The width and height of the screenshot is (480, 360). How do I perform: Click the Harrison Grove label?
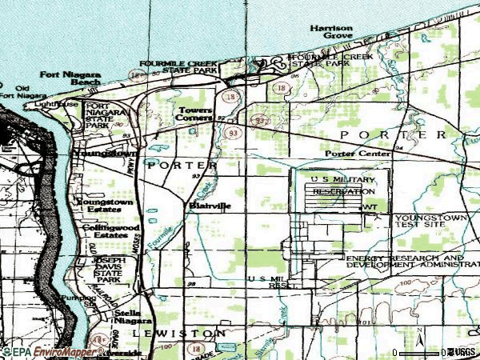point(332,32)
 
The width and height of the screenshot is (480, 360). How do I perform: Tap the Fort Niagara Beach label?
point(72,78)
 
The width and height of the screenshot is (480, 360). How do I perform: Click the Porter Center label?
point(358,153)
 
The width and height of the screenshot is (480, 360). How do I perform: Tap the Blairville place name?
point(210,206)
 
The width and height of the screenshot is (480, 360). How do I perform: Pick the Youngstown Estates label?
point(105,206)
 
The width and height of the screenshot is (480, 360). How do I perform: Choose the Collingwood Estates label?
point(105,231)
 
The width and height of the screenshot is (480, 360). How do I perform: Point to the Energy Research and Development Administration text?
point(404,262)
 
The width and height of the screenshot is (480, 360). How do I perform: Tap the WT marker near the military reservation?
point(369,206)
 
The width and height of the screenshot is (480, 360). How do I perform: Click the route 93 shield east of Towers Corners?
point(233,132)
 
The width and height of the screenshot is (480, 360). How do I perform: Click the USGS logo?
point(462,351)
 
